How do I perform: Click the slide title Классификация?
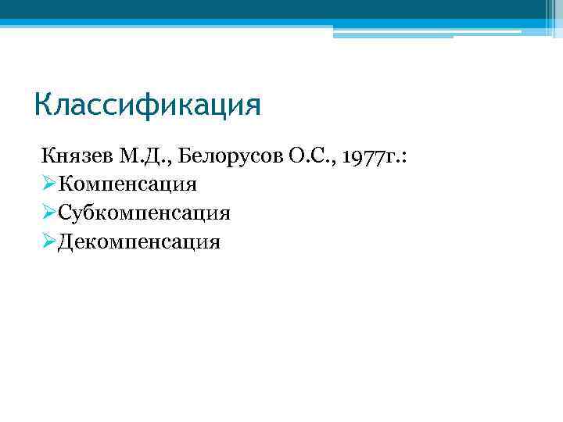(x=148, y=104)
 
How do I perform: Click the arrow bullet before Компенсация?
(x=49, y=185)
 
